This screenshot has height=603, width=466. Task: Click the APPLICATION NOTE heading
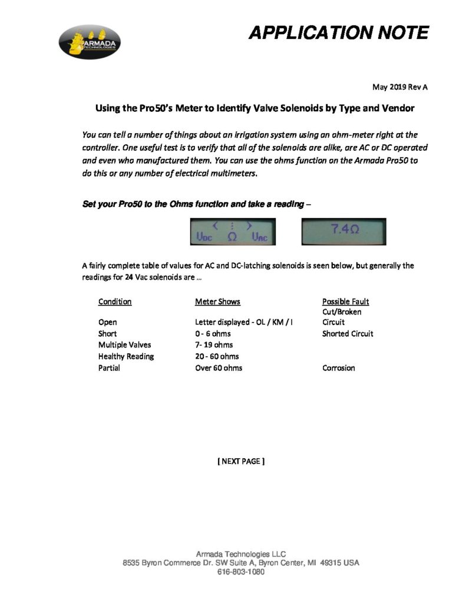coord(338,33)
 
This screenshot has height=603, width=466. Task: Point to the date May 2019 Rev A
coord(399,87)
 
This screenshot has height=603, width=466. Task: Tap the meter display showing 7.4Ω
coord(343,231)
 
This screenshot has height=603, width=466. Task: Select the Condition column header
coord(115,301)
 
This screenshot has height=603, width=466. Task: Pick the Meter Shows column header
coord(217,301)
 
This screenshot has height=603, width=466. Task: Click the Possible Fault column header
coord(345,301)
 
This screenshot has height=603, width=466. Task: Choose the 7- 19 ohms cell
coord(214,344)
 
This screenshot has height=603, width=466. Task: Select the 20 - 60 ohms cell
coord(217,356)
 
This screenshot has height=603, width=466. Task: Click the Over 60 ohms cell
coord(219,368)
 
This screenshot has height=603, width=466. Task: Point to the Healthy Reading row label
coord(126,356)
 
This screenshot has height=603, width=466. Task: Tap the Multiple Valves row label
coord(125,344)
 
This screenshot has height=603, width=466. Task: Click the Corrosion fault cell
coord(338,368)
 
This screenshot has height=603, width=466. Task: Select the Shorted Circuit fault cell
coord(348,333)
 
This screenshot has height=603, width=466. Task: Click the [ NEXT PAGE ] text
coord(241,461)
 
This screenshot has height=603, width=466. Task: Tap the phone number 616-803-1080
coord(240,572)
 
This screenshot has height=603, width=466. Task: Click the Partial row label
coord(109,368)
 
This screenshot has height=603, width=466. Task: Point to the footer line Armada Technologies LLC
coord(240,554)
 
